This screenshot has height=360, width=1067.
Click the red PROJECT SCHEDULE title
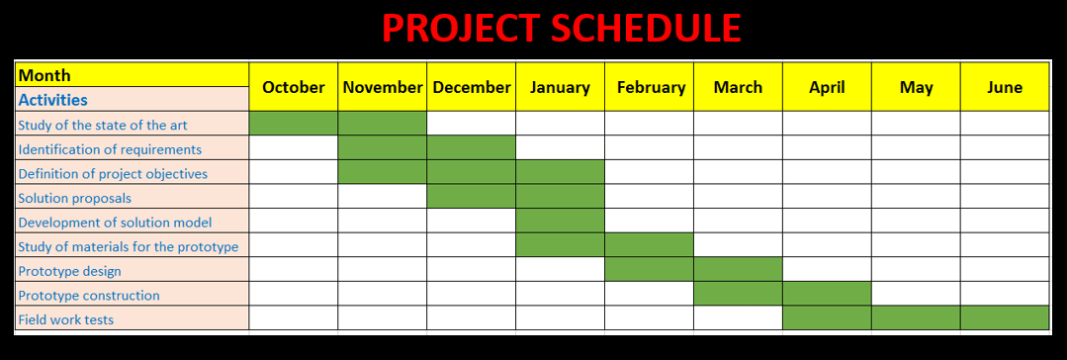[x=561, y=29]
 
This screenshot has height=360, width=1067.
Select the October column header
[x=294, y=87]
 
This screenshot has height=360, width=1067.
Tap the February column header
[x=651, y=87]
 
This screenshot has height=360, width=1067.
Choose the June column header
[x=1005, y=87]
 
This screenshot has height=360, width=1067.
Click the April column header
[x=827, y=87]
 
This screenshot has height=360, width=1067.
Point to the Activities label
[x=53, y=99]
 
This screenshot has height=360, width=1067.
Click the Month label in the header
[x=44, y=75]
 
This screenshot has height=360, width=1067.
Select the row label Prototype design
[x=69, y=271]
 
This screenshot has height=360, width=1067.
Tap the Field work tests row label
[x=66, y=319]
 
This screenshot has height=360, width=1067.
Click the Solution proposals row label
[x=75, y=198]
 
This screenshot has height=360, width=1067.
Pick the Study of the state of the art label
[x=103, y=125]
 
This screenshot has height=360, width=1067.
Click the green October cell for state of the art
[x=294, y=124]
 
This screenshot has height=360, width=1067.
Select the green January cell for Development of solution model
[x=560, y=221]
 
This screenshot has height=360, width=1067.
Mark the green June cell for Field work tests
[x=1005, y=317]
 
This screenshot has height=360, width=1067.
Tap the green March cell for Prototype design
[x=738, y=269]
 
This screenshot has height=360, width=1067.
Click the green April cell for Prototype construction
[x=827, y=294]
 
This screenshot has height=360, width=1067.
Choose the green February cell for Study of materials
[x=649, y=244]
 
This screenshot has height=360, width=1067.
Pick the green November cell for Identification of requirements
[x=383, y=147]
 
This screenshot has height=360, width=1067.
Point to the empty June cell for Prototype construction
[x=1005, y=294]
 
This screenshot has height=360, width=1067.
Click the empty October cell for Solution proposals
[x=294, y=196]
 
